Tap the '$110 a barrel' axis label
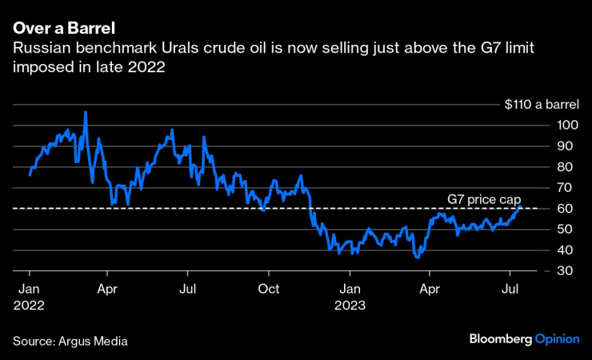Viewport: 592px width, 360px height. point(541,104)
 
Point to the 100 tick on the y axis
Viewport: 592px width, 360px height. point(567,125)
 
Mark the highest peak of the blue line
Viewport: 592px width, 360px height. point(85,113)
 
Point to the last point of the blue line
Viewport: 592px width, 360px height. point(521,207)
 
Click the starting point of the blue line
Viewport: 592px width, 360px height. point(30,174)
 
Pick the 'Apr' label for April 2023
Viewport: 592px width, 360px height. point(430,288)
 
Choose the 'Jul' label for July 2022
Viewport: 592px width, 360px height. point(187,288)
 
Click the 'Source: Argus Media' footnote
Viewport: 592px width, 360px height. point(70,340)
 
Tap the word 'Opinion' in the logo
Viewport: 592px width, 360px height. point(557,339)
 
